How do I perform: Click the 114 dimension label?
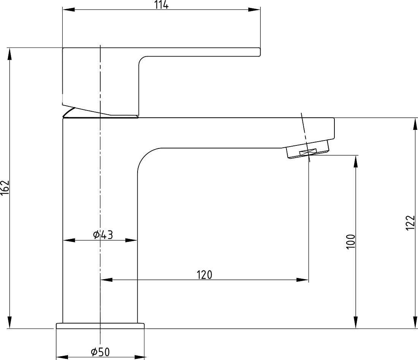pos(161,5)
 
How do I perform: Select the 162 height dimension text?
pos(5,188)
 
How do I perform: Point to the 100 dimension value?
pos(351,242)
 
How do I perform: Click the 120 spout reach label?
pos(204,275)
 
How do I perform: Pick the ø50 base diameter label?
pos(100,352)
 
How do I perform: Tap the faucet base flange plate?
pos(100,326)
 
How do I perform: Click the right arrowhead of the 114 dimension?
pos(254,9)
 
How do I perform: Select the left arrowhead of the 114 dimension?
pos(68,9)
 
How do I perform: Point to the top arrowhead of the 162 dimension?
pos(10,54)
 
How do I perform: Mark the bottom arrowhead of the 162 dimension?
pos(10,322)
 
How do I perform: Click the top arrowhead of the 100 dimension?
pos(356,161)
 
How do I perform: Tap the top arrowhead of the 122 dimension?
pos(415,124)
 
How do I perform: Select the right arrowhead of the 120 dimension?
pos(302,280)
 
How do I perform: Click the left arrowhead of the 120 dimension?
pos(106,280)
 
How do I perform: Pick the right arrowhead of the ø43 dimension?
pos(131,240)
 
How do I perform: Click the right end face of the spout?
pos(334,128)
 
